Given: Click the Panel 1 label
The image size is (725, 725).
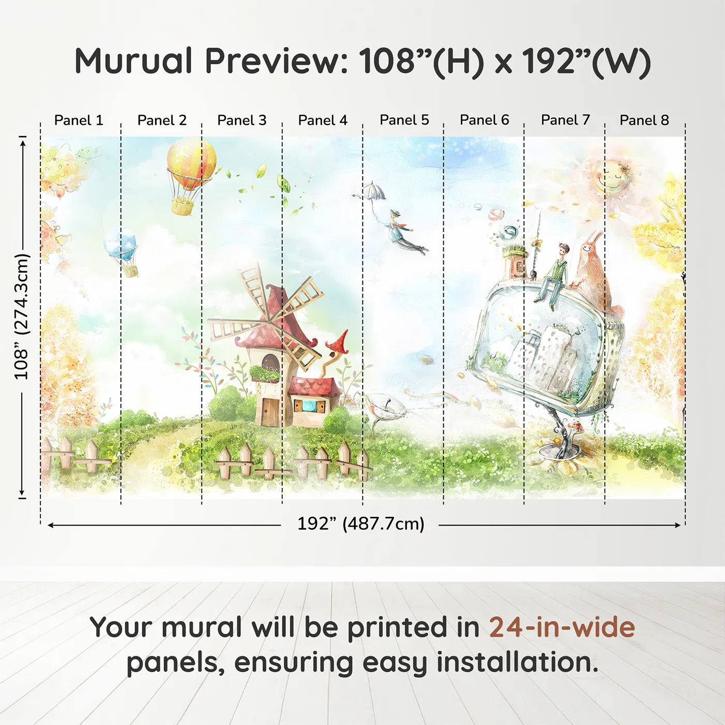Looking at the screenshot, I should point(79,120).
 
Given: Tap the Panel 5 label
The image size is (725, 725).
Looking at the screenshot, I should point(404,120).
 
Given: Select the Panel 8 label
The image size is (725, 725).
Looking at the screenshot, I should point(644,120).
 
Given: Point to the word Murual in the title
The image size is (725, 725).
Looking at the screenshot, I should point(134,61).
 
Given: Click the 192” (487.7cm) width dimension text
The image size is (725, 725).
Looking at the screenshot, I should point(360,524).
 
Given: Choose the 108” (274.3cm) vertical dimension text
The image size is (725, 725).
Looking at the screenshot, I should point(22,316).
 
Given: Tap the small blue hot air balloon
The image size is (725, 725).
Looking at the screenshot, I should point(121,244).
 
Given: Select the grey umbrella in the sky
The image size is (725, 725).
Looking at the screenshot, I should point(371,192).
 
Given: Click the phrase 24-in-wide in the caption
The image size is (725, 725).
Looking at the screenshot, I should point(561,627).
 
